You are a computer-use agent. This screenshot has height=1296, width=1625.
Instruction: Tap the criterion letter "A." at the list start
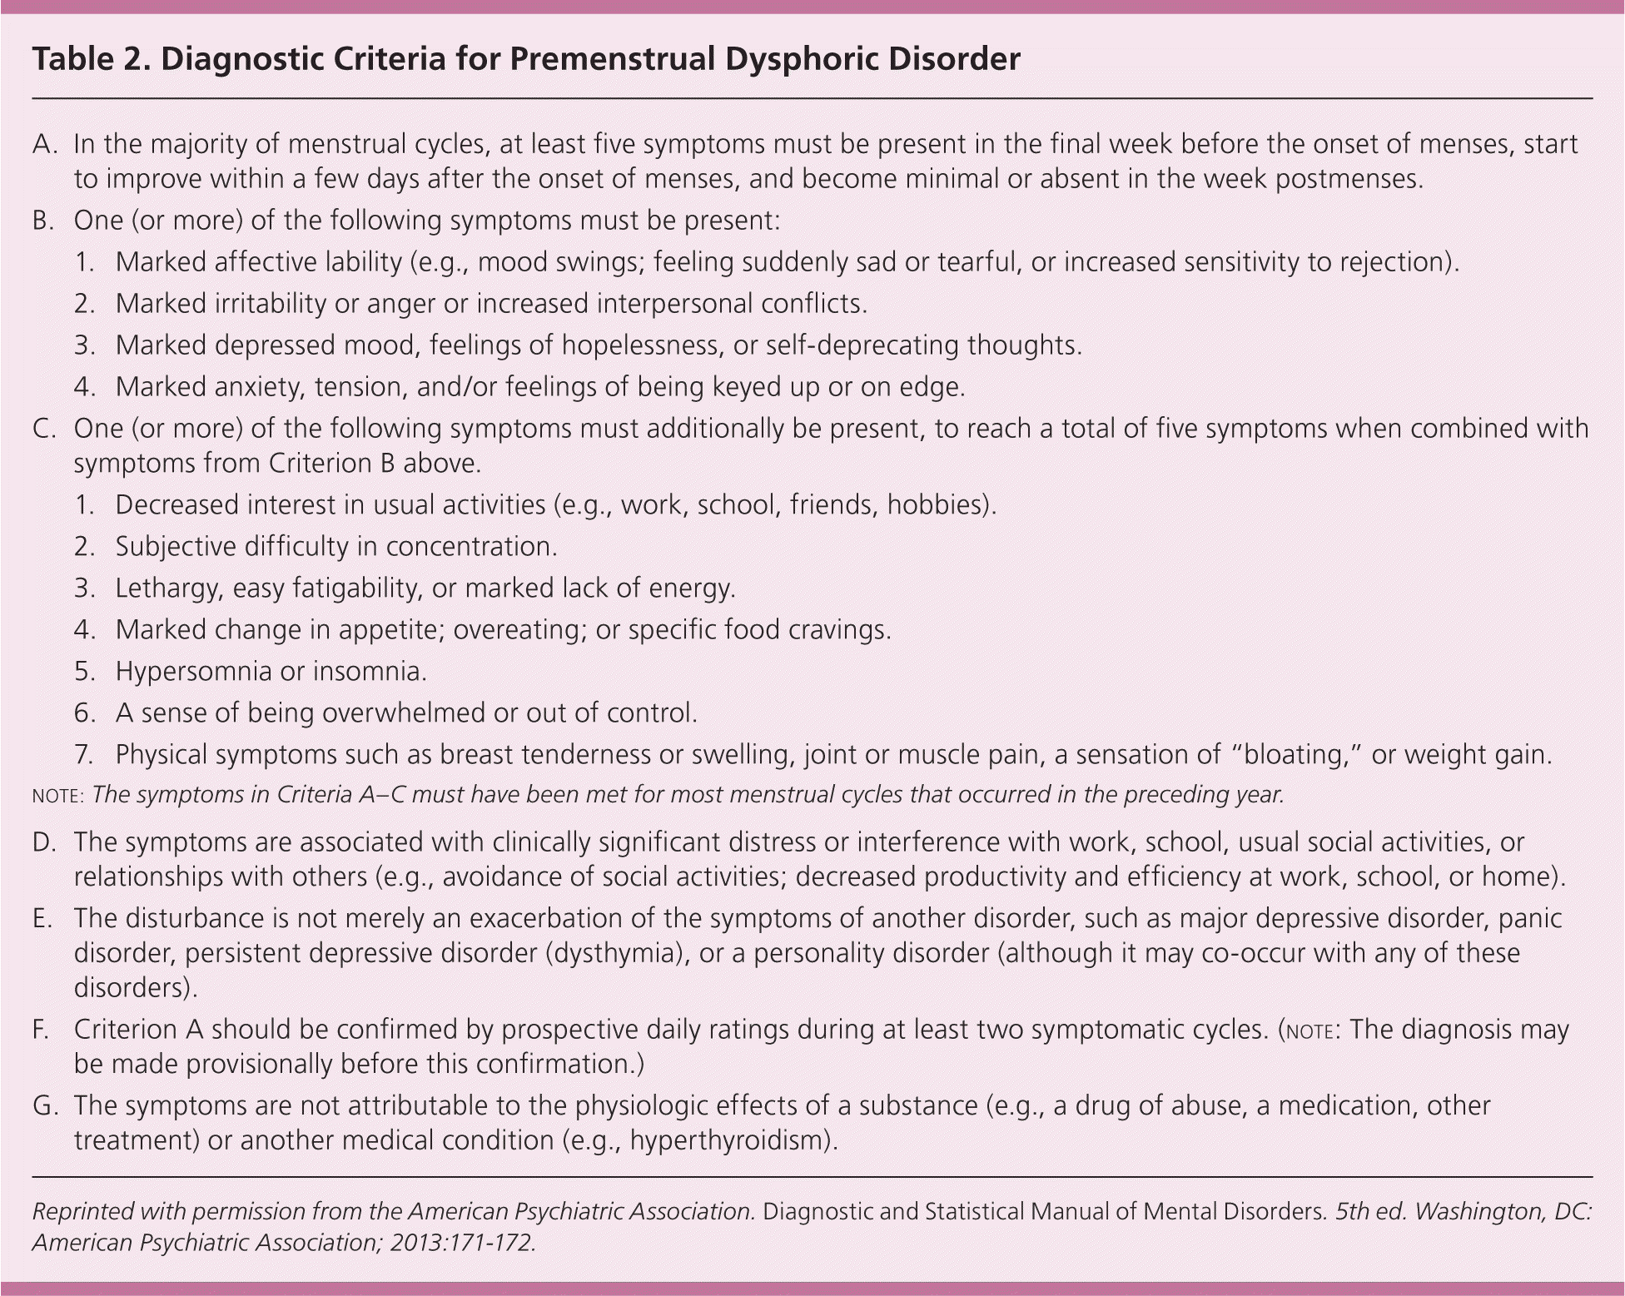click(44, 145)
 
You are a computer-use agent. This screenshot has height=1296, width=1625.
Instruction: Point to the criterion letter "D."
click(44, 842)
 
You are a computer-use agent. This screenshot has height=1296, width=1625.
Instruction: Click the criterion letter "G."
click(45, 1106)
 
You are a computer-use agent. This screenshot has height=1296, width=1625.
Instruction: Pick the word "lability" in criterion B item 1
click(363, 262)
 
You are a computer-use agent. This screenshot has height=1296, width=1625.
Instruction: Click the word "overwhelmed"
click(404, 713)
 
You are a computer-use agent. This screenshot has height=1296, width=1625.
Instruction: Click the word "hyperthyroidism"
click(729, 1140)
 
